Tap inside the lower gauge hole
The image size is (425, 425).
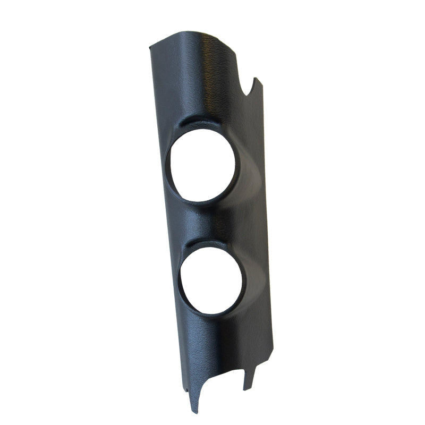click(211, 280)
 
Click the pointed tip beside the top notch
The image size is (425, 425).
click(257, 80)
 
